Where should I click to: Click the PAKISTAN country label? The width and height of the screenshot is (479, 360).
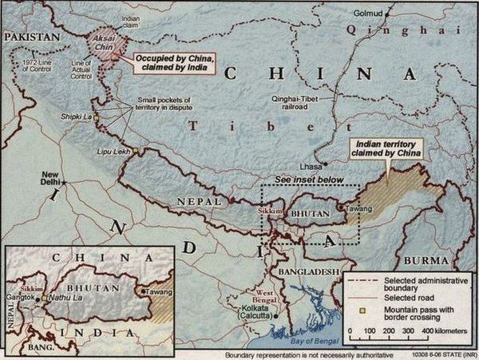[31, 37]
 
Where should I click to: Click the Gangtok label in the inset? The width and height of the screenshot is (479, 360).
[22, 298]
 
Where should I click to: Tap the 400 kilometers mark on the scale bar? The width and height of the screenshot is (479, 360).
[427, 330]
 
